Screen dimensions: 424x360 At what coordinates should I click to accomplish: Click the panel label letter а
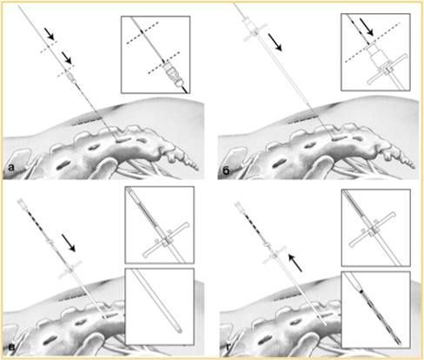coord(11,167)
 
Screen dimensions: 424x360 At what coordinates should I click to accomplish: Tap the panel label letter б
coord(226,170)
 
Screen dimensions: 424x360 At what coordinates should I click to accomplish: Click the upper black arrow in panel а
coord(50,34)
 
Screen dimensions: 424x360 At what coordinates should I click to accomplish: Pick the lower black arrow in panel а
coord(66,57)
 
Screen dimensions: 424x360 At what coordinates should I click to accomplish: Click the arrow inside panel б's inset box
coord(367,27)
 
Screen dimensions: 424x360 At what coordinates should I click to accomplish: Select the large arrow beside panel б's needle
coord(275,42)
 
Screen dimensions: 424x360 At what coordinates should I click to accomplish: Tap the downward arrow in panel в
coord(69,243)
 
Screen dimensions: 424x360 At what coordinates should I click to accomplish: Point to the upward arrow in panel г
coord(295,263)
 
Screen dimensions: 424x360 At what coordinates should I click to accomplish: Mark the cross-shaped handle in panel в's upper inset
coord(166,239)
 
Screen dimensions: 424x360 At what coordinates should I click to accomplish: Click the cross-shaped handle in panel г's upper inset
coord(372,230)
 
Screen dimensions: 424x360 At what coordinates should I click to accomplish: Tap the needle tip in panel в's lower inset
coord(180,330)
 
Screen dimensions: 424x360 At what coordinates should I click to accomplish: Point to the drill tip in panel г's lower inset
coord(400,343)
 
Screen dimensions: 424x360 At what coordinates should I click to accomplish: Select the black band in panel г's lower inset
coord(361,290)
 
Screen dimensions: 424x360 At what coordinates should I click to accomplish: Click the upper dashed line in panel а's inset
coord(142,33)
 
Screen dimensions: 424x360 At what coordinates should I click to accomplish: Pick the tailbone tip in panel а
coord(197,168)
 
